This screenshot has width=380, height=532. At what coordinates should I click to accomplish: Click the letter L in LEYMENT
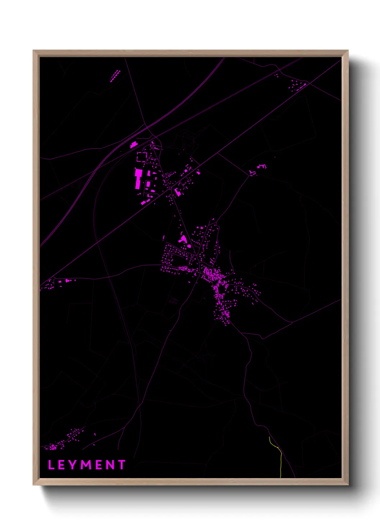pyautogui.click(x=51, y=465)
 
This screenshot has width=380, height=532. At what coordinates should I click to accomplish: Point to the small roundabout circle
pyautogui.click(x=170, y=188)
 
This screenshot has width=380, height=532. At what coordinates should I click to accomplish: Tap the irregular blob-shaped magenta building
pyautogui.click(x=183, y=239)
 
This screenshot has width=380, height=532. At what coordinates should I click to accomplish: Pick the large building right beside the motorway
pyautogui.click(x=134, y=145)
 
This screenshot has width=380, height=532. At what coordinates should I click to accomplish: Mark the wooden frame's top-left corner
pyautogui.click(x=33, y=51)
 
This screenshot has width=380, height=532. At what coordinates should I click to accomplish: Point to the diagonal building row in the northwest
pyautogui.click(x=115, y=76)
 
